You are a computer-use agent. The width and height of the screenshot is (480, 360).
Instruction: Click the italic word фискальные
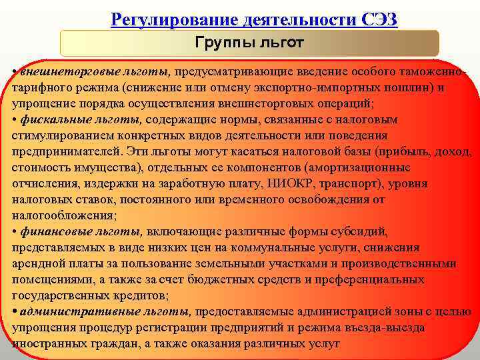54,120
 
